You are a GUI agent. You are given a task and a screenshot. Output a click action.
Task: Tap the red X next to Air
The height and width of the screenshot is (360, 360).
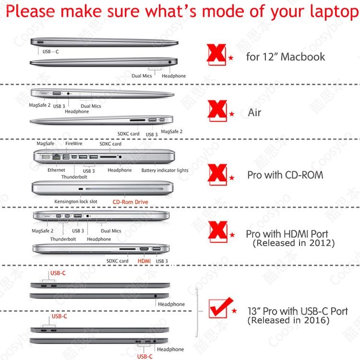[x=217, y=110]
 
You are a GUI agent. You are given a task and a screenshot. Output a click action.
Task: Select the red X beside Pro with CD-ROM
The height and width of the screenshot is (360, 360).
[x=217, y=174]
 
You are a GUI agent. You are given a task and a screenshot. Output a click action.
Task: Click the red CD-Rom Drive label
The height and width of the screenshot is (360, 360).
[x=130, y=202]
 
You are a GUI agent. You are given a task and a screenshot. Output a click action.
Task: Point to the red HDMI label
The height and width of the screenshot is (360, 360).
[x=144, y=261]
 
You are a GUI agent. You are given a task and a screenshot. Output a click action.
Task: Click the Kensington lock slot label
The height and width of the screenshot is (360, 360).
[x=76, y=201]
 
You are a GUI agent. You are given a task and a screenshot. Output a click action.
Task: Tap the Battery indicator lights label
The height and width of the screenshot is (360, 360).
[x=165, y=170]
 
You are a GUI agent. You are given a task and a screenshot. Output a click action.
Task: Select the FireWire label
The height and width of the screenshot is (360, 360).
[x=74, y=144]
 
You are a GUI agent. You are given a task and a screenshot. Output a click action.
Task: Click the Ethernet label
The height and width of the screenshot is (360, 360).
[x=56, y=170]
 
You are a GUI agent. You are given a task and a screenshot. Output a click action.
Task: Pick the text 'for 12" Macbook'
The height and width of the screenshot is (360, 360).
[x=286, y=57]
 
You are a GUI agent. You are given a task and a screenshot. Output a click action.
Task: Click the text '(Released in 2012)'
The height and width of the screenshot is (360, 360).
[x=294, y=243]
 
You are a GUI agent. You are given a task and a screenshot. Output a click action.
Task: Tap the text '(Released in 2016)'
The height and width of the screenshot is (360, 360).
[x=288, y=320]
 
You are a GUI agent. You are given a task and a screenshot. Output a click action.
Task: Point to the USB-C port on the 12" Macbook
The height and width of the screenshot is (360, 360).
[x=40, y=42]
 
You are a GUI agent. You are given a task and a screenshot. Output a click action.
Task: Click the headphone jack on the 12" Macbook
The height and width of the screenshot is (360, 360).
[x=169, y=62]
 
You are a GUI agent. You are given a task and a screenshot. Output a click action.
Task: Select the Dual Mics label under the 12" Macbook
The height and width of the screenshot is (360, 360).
[x=142, y=76]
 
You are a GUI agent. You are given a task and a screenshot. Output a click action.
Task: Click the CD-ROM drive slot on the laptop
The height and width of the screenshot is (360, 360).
[x=124, y=189]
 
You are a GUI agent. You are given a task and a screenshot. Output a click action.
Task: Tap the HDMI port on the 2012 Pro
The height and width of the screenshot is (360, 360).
[x=144, y=249]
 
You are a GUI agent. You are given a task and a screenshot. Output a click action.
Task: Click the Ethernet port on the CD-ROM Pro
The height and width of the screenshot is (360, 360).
[x=56, y=157]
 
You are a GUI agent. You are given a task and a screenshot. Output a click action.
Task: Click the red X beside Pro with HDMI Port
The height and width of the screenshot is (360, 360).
[x=217, y=231]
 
